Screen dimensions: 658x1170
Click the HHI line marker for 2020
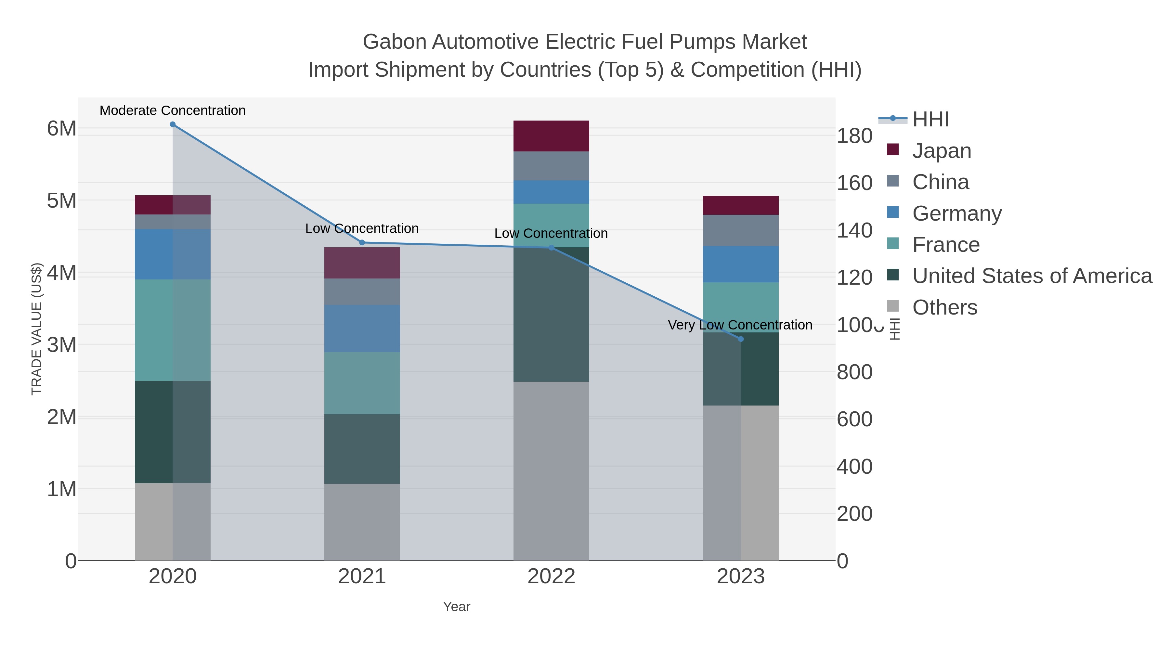173,124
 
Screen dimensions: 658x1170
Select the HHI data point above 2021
362,242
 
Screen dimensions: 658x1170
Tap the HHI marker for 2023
741,339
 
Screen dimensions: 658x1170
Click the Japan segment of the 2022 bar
551,136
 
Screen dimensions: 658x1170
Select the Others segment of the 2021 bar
362,522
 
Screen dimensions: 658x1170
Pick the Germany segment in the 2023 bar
740,264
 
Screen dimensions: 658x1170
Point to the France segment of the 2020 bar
173,330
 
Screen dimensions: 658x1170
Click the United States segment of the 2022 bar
551,314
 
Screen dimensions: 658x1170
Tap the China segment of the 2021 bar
362,291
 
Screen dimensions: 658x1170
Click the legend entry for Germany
956,213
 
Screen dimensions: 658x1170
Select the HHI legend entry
930,120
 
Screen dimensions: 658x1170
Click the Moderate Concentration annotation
173,110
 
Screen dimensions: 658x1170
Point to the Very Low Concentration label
740,325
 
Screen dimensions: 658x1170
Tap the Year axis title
457,607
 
